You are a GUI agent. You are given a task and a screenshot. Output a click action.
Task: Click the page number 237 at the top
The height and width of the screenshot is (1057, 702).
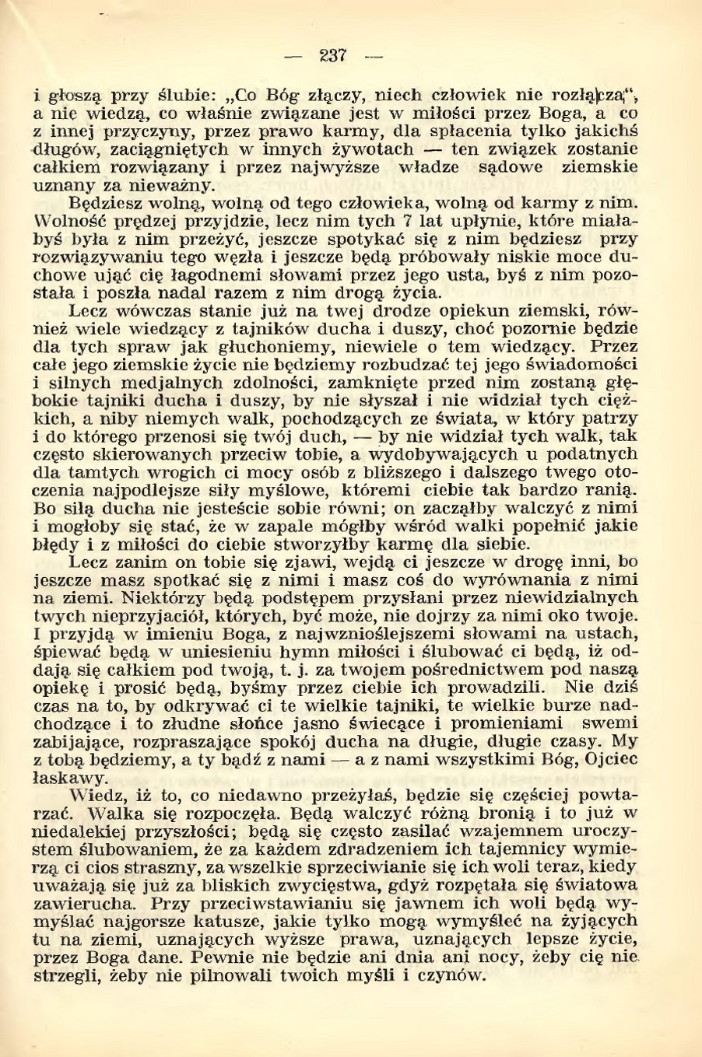click(x=332, y=56)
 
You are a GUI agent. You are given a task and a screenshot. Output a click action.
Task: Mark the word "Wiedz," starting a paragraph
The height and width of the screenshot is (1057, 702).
click(x=95, y=795)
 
